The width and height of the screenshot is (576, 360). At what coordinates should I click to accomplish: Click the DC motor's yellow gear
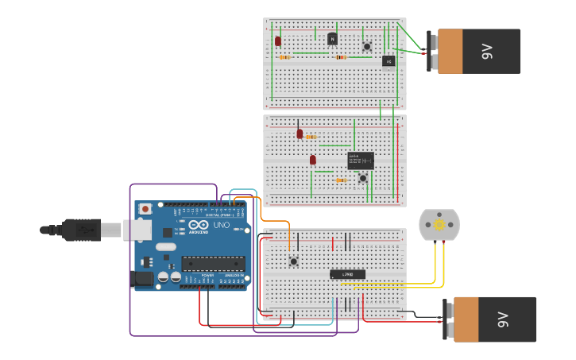(x=439, y=225)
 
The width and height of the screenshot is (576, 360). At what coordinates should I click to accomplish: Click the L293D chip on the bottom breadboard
(x=347, y=274)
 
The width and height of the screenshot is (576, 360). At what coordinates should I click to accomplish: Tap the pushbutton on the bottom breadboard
(x=293, y=260)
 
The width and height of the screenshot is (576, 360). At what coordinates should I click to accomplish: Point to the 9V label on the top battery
(x=487, y=52)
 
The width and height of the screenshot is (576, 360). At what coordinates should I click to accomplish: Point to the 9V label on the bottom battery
(x=502, y=319)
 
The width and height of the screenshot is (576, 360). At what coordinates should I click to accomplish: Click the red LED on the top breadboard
(x=278, y=41)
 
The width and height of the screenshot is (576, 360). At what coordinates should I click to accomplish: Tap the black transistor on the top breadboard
(x=332, y=38)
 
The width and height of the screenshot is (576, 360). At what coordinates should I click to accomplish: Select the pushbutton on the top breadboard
(x=366, y=47)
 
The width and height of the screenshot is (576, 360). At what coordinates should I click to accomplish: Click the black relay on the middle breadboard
(x=360, y=161)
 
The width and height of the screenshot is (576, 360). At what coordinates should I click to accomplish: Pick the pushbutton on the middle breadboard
(x=363, y=178)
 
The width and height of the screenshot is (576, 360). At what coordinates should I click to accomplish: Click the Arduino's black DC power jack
(x=143, y=279)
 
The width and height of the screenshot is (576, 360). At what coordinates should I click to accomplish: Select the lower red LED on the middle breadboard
(x=313, y=160)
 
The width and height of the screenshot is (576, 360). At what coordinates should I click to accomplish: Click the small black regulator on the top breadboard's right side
(x=388, y=60)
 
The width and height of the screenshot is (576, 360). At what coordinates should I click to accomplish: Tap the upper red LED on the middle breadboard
(x=300, y=134)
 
